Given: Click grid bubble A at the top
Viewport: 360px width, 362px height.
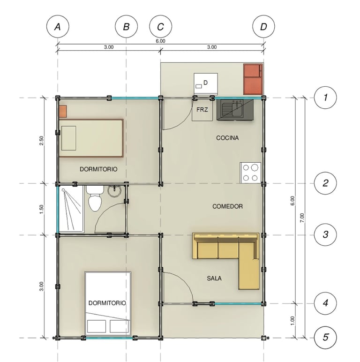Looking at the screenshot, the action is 58,27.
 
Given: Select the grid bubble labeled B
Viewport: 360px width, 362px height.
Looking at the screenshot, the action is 126,27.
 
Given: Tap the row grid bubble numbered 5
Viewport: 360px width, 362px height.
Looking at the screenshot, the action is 325,338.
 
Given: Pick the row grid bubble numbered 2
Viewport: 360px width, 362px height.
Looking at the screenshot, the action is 325,183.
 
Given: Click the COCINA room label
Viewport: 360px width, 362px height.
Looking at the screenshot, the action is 227,138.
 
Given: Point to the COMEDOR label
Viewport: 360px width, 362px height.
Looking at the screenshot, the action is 227,206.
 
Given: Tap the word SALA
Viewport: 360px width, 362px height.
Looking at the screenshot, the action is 214,279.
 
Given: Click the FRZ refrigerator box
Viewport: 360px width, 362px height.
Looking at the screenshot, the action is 202,110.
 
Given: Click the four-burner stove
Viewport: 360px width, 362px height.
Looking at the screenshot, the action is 251,173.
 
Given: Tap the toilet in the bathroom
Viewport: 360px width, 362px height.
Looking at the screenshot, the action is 95,198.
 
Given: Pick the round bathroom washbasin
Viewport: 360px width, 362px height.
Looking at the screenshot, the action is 114,191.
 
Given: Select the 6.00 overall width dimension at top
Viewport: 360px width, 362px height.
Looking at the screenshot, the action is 160,41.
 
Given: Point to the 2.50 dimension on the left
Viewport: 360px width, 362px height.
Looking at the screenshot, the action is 42,140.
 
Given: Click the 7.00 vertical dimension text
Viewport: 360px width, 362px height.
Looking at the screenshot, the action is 302,218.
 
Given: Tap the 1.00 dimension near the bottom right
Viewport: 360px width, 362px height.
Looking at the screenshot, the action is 292,321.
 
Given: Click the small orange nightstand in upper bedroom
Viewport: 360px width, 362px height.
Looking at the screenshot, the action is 63,111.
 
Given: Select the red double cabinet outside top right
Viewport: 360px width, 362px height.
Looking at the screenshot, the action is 253,79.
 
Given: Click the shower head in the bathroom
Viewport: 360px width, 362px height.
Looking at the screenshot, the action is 63,190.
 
